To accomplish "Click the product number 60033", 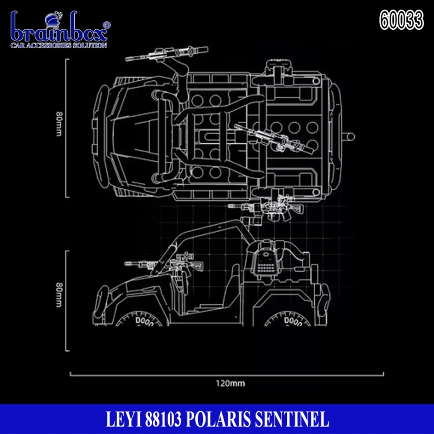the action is pos(401,20).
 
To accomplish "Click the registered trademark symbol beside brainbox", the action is pos(106,25).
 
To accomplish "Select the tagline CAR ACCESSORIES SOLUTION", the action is pos(59,45).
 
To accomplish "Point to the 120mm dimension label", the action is pos(230,384).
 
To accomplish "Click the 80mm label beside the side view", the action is pos(59,295).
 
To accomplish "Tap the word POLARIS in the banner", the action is pos(218,419).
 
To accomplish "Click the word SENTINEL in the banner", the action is pos(292,419).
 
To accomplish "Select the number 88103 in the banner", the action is pos(163,419).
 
